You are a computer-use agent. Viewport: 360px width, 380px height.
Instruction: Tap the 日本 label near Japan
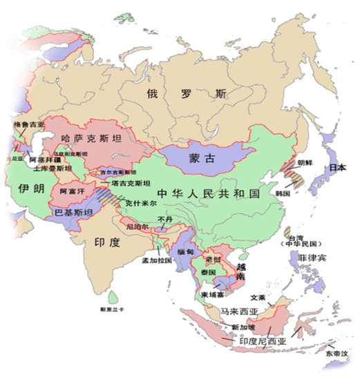337,168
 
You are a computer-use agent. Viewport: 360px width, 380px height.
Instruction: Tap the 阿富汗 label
72,189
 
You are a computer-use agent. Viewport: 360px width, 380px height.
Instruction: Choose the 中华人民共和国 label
207,193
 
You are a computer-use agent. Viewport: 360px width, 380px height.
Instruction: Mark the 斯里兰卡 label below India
111,310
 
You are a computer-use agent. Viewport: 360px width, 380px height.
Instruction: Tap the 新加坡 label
244,326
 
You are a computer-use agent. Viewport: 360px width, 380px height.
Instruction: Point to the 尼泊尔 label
136,226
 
